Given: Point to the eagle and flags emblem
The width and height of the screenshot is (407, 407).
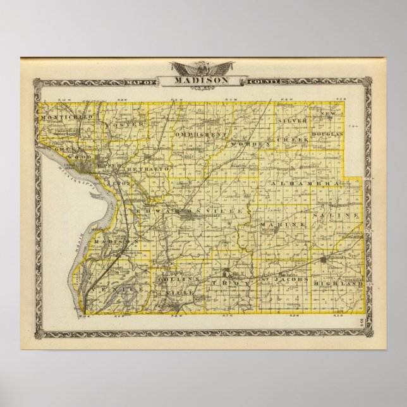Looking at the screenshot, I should click(x=203, y=66).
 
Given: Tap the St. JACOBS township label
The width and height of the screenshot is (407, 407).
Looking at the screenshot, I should click(x=284, y=279).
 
